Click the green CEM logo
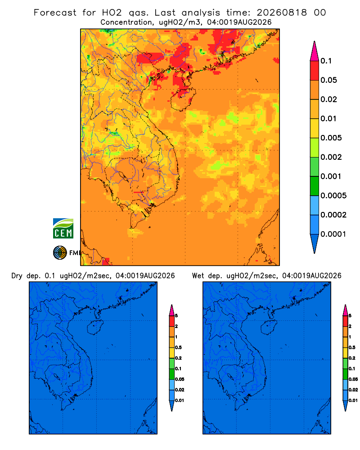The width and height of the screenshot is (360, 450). click(63, 228)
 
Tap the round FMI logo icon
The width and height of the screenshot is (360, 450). click(60, 252)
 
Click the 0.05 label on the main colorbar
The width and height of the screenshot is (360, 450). click(328, 80)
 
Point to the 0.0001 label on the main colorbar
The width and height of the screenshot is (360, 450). click(333, 234)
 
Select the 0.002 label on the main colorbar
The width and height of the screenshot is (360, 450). click(331, 157)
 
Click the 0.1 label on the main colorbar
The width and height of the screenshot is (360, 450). click(326, 61)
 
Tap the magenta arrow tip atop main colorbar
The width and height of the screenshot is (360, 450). click(315, 51)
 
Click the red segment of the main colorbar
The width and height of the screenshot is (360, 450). click(315, 71)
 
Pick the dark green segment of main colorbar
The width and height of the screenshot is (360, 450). click(315, 186)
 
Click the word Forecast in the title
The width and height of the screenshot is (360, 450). click(55, 13)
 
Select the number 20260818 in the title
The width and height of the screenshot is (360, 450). click(282, 13)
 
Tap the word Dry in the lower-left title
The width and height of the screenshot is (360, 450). click(17, 276)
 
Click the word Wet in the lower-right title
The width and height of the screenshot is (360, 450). click(198, 276)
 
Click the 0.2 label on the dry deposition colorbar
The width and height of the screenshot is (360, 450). click(178, 358)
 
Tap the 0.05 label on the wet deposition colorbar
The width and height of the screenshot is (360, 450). click(353, 379)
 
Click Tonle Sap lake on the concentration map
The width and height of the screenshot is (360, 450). click(121, 176)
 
